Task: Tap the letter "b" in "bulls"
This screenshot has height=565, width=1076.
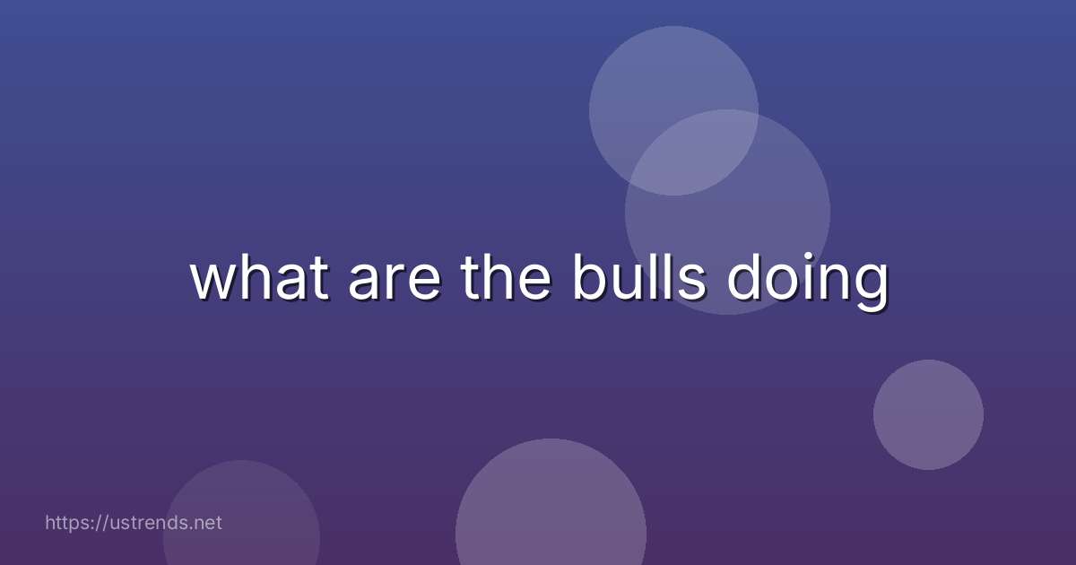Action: tap(589, 277)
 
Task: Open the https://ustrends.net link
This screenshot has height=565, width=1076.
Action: tap(134, 523)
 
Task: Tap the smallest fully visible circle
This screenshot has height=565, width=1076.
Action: tap(928, 414)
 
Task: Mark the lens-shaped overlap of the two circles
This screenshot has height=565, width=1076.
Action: tap(690, 152)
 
